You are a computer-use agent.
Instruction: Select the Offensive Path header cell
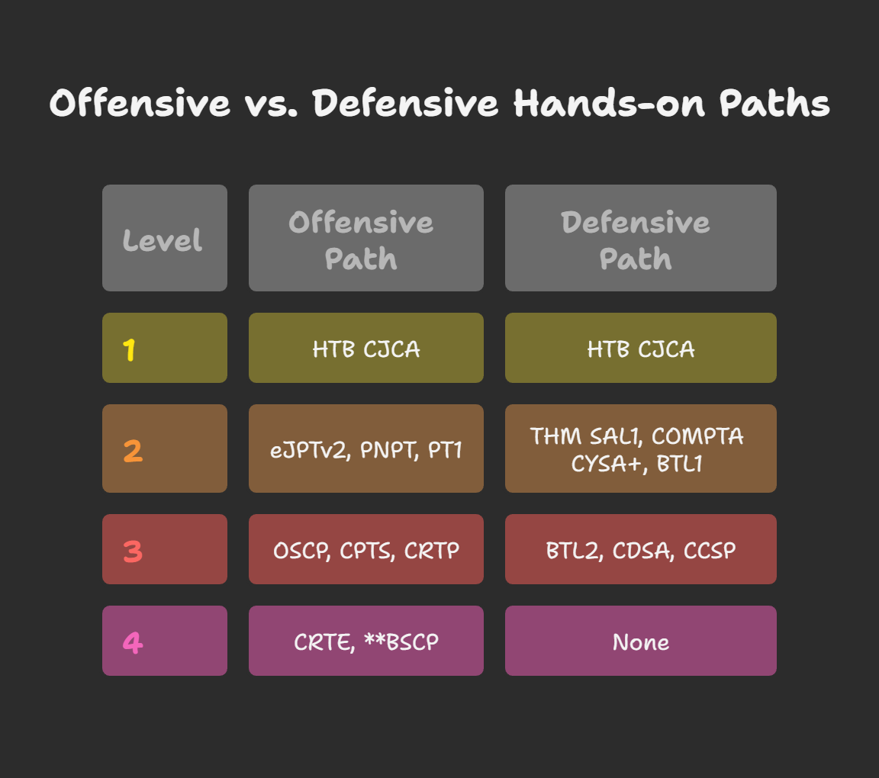click(366, 238)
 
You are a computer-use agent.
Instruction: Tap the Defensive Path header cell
click(641, 238)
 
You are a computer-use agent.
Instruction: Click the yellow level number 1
click(129, 350)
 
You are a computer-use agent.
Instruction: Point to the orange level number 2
click(133, 451)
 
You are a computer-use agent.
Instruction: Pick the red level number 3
click(133, 551)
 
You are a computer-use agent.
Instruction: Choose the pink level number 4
click(133, 642)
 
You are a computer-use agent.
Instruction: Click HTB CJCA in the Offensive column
click(366, 349)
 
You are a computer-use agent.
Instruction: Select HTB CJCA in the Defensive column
click(641, 349)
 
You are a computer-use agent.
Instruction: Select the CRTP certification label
click(432, 551)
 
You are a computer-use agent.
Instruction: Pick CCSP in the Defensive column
click(710, 551)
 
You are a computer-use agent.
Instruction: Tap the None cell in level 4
click(641, 642)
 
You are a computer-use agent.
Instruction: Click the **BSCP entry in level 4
click(401, 641)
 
